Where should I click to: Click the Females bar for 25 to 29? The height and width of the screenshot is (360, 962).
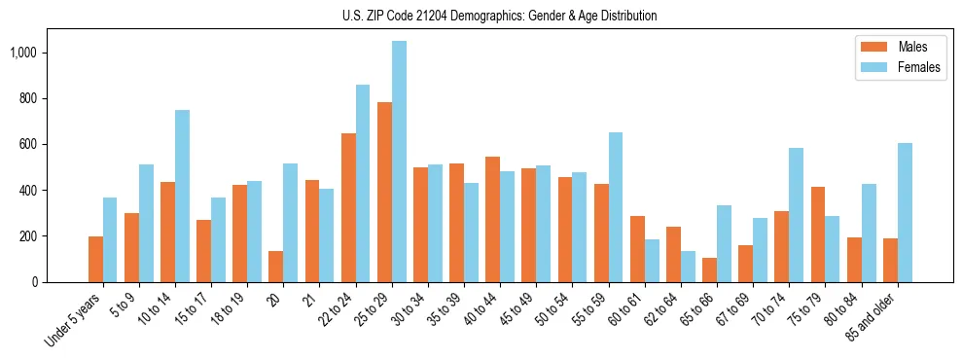point(399,162)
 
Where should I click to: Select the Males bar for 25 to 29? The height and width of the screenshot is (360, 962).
point(384,192)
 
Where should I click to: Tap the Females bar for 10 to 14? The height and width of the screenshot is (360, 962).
point(182,196)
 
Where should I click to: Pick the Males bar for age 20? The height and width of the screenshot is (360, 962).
point(276,267)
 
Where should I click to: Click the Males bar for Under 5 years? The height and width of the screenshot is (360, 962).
point(95,259)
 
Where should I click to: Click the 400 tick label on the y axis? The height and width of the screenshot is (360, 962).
point(30,191)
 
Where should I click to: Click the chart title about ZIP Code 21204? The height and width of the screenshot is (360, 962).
point(499,16)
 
